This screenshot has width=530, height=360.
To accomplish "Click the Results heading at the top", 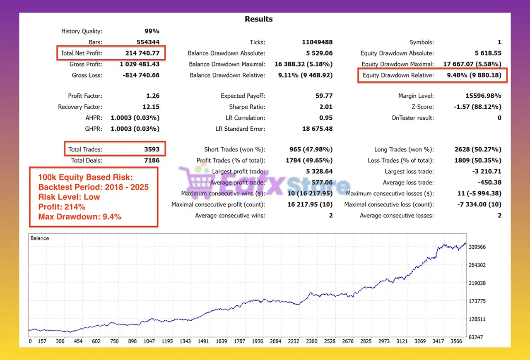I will (x=259, y=19).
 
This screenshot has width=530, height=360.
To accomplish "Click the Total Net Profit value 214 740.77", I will (x=142, y=53).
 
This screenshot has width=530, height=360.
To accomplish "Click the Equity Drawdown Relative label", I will (x=398, y=75).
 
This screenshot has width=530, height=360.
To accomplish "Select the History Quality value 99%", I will (x=152, y=31).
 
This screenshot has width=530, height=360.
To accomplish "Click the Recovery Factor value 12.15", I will (x=150, y=107).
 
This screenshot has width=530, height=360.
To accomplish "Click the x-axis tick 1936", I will (x=257, y=341).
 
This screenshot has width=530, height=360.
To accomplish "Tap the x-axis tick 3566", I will (x=456, y=341).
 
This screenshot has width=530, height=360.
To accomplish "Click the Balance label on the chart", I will (x=40, y=238).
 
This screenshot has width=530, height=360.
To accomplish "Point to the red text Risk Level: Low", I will (x=69, y=197).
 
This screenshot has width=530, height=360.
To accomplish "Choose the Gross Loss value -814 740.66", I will (x=139, y=75).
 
